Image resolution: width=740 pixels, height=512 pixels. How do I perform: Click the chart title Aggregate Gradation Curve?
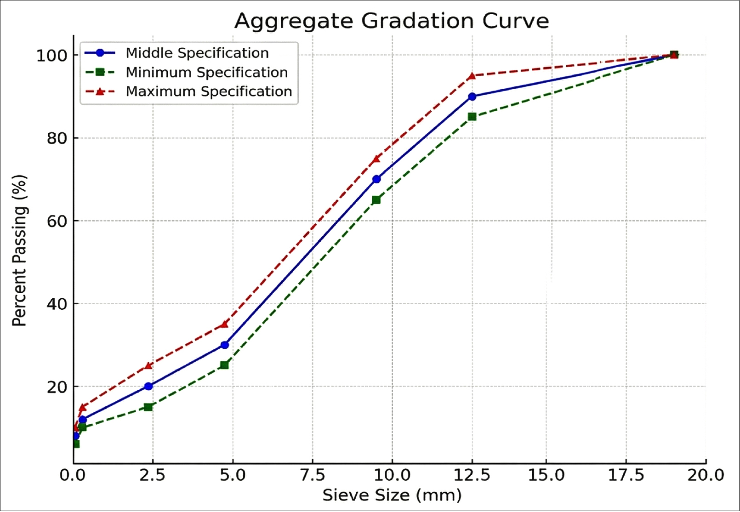pos(392,21)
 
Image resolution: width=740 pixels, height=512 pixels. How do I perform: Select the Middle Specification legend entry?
pos(197,53)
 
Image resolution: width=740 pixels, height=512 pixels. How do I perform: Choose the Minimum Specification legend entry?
pos(206,72)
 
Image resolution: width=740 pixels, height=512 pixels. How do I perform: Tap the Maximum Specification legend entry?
pos(209,91)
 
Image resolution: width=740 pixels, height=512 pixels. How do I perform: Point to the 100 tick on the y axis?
pos(51,56)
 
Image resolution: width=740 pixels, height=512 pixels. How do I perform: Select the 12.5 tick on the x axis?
pos(472,475)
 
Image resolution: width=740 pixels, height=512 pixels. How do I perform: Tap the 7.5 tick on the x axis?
pos(313,475)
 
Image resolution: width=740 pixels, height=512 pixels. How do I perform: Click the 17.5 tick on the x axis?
pos(626,475)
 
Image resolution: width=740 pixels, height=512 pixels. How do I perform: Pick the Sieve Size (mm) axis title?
pos(392,495)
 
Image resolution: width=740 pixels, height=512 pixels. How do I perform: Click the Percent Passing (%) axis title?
pos(19,250)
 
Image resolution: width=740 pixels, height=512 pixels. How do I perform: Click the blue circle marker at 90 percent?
pos(472,97)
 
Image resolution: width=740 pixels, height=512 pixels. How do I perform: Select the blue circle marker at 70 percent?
pos(376,179)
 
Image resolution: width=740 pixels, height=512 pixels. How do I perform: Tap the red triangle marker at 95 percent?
pos(472,76)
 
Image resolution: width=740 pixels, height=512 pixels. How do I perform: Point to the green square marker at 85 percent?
pos(472,117)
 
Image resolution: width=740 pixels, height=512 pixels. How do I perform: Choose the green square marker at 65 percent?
pos(376,200)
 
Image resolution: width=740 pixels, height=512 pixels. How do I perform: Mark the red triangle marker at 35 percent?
pos(224,324)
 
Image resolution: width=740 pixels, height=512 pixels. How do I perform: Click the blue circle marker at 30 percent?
pos(225,345)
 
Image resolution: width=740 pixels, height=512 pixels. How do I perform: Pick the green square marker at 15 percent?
pos(148,407)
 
